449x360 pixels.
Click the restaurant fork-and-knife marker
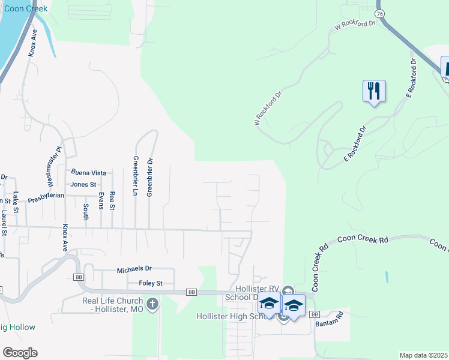coord(374,91)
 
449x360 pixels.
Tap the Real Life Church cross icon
coord(152,304)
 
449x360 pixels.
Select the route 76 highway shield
coord(379,13)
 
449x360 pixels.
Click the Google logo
coord(20,353)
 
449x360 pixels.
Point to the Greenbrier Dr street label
coord(150,177)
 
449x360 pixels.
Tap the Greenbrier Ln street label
coord(135,177)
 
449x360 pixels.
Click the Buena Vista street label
coord(88,173)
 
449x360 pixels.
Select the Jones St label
coord(83,185)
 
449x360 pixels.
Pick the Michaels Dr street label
coord(134,271)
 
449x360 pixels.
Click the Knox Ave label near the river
coord(32,43)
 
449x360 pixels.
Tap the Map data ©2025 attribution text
coord(424,355)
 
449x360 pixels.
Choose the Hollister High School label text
coord(236,316)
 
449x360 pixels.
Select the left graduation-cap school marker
coord(270,305)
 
